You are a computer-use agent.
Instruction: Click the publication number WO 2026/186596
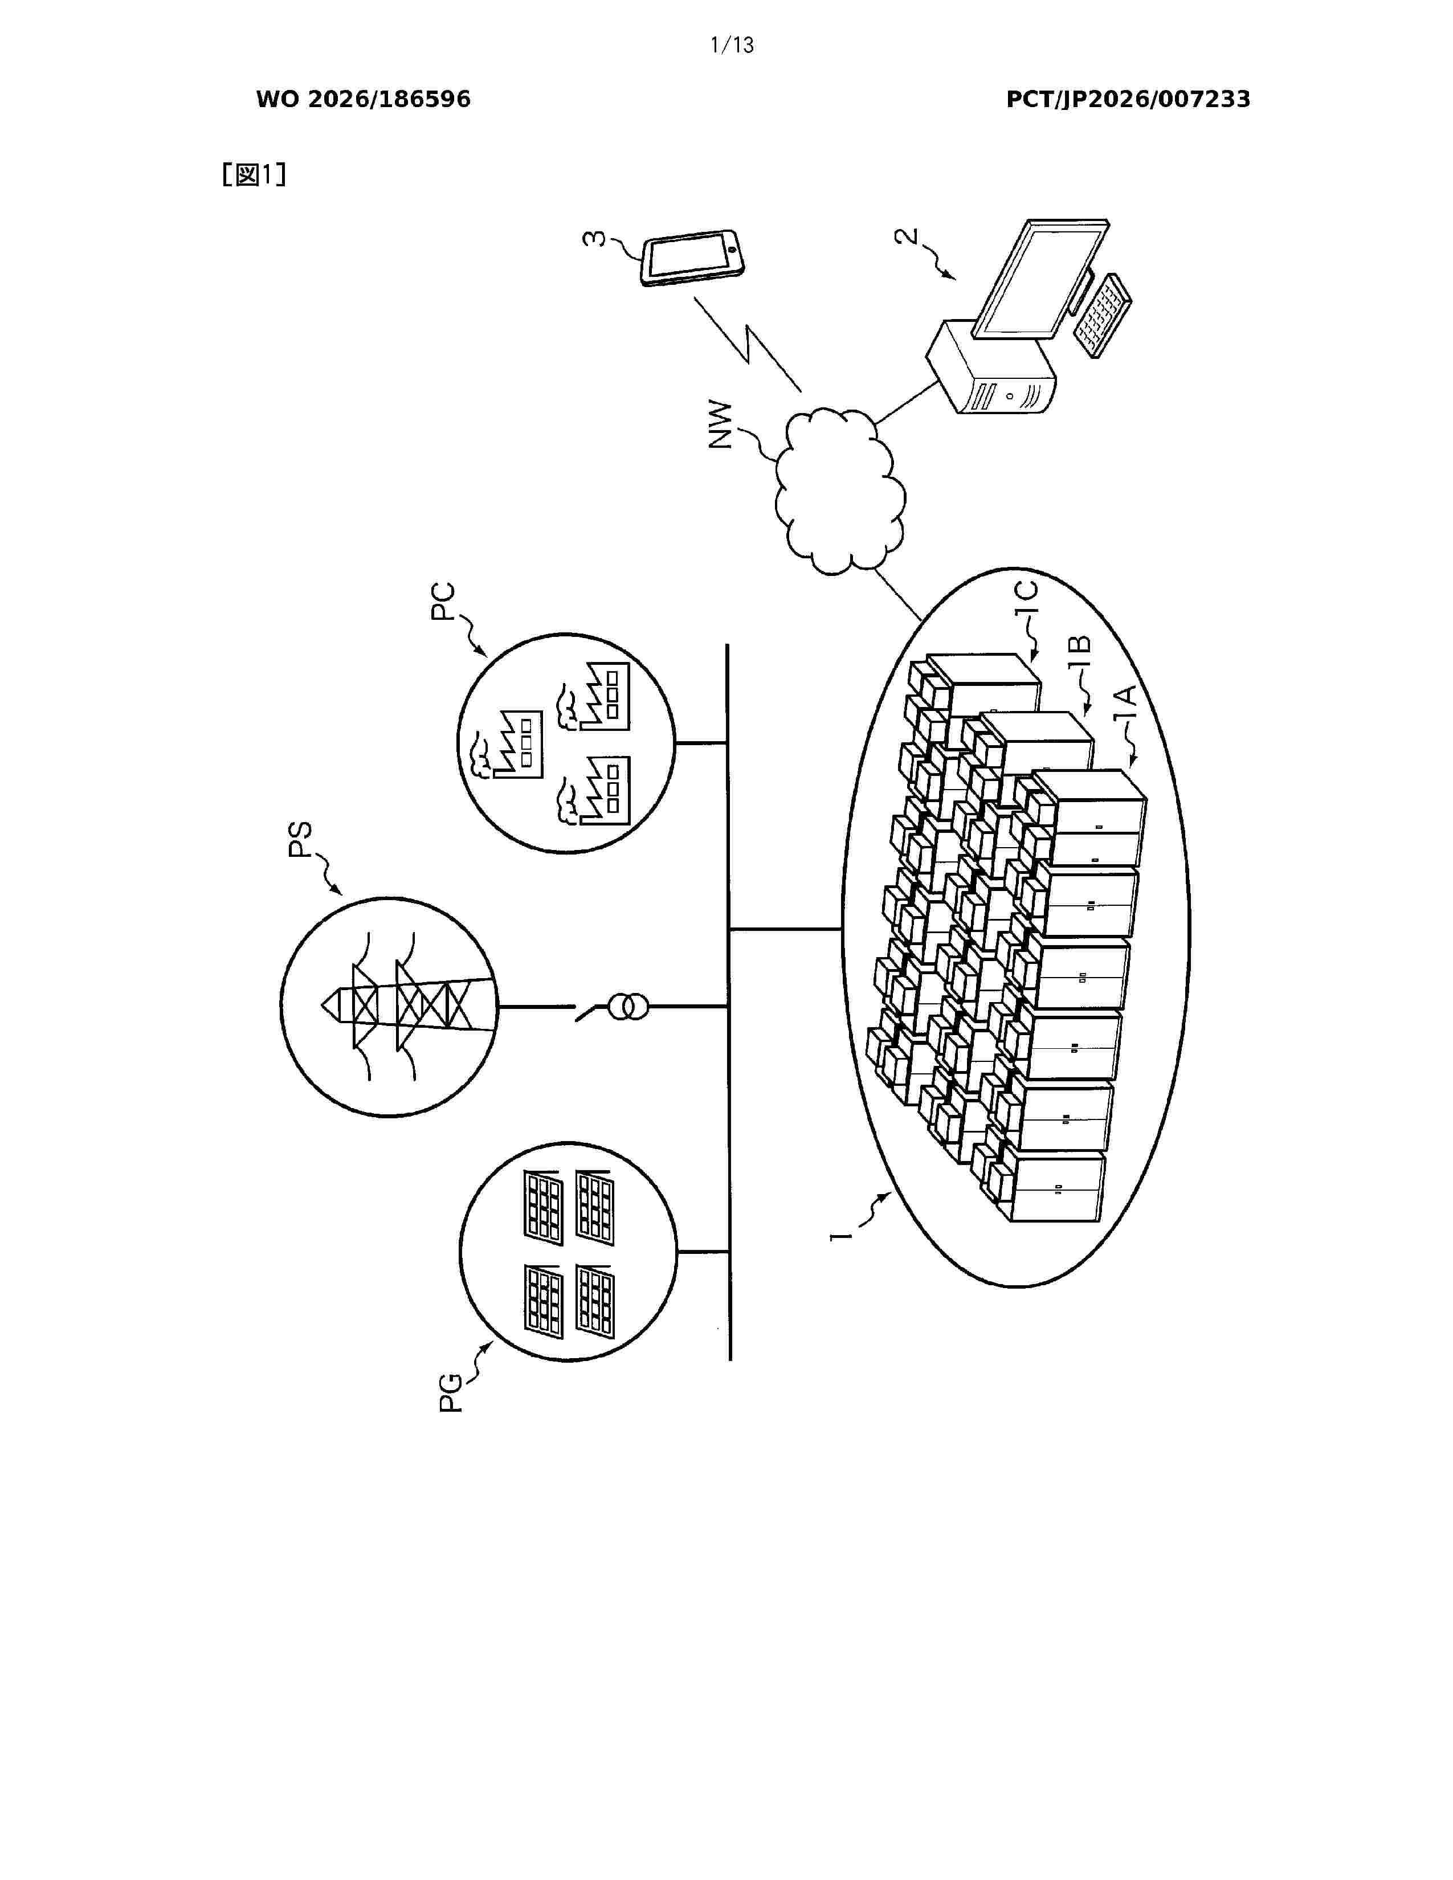pyautogui.click(x=364, y=100)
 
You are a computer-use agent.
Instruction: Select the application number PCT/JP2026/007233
pyautogui.click(x=1128, y=100)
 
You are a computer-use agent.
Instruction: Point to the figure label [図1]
pyautogui.click(x=254, y=175)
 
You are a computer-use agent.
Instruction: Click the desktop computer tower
pyautogui.click(x=991, y=367)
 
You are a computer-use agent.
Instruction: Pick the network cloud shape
pyautogui.click(x=839, y=491)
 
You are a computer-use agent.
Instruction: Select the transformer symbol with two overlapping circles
pyautogui.click(x=627, y=1006)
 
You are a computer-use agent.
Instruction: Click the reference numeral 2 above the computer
pyautogui.click(x=907, y=238)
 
